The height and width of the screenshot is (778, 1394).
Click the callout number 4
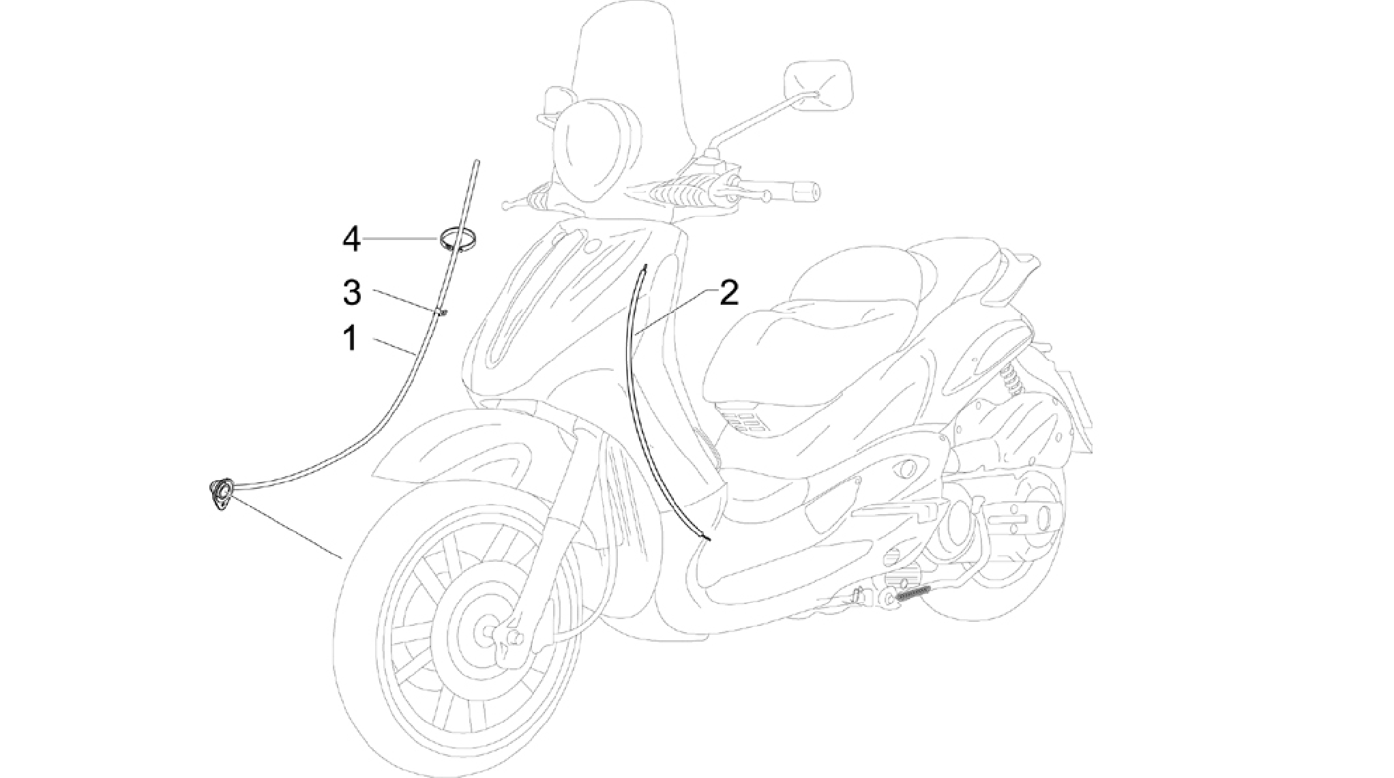coord(351,240)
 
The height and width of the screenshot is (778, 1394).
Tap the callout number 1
coord(351,338)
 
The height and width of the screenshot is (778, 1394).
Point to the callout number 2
coord(728,293)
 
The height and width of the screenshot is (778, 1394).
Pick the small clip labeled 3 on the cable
coord(442,312)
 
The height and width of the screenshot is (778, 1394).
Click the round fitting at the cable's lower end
coord(222,494)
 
